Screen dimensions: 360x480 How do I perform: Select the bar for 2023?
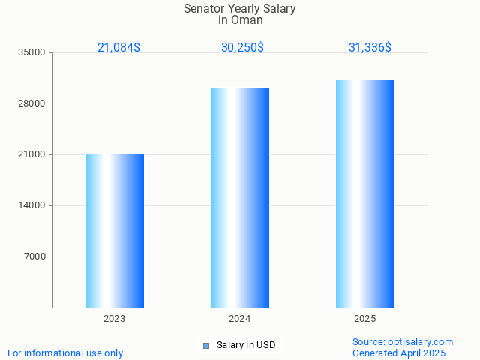(115, 231)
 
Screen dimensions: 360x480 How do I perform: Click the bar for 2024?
(240, 197)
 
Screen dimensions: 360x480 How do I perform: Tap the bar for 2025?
(364, 193)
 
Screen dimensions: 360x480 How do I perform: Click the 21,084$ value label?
(118, 47)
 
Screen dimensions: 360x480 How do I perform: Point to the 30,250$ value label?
(242, 47)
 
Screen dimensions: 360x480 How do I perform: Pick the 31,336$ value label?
(370, 47)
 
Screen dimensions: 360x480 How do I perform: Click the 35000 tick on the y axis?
(32, 52)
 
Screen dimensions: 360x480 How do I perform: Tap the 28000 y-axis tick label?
(32, 103)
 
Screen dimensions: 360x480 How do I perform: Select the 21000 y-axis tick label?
(32, 154)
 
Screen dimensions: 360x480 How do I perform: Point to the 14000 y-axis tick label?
(32, 205)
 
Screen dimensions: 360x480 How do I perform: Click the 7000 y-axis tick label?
(34, 256)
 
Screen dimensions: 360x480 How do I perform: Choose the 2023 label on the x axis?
(115, 319)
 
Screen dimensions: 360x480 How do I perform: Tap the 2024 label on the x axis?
(240, 319)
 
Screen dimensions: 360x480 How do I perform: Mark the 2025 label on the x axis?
(364, 319)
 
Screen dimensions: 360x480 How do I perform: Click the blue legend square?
(206, 346)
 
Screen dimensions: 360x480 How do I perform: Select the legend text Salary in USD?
(246, 345)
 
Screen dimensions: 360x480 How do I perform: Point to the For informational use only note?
(65, 352)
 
